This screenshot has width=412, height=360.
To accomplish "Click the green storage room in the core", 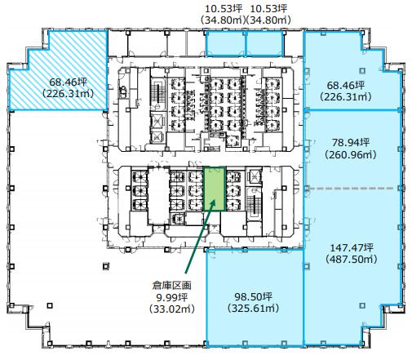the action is [215, 189].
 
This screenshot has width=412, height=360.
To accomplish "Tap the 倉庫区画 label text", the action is [171, 285].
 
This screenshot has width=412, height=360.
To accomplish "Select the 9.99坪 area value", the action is [171, 297].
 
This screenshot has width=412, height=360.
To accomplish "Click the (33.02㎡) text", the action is [172, 309].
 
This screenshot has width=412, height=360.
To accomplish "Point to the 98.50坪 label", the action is [254, 296].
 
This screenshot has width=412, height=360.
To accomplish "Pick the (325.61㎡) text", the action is [254, 308].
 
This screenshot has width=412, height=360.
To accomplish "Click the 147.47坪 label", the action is [352, 247].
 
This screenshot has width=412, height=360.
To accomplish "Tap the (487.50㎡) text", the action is [352, 259].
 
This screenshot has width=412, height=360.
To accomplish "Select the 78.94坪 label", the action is [351, 142].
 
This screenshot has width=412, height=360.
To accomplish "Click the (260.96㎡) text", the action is [351, 154].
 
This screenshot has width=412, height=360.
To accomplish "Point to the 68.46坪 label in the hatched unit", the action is [69, 82].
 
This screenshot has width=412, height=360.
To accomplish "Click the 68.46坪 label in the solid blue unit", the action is [346, 85].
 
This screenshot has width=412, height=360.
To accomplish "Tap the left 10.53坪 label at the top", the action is [224, 9].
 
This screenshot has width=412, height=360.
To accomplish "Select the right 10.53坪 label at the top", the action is [268, 9].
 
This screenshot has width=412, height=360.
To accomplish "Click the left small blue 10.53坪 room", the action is [225, 43].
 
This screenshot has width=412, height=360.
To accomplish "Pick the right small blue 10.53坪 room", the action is [264, 43].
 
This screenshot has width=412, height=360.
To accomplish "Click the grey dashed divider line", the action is [350, 188].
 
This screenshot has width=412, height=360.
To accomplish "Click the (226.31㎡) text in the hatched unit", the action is [69, 94].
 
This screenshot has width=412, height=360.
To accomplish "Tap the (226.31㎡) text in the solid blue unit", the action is [346, 97].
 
